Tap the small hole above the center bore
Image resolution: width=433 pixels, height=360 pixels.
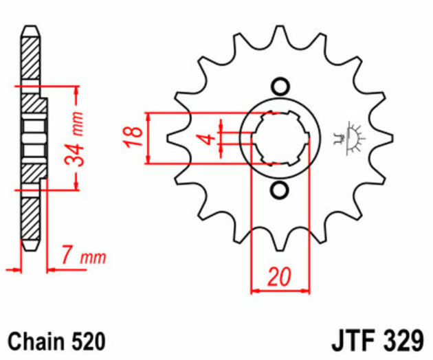tap(279, 87)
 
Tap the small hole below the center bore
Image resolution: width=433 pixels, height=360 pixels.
tap(279, 190)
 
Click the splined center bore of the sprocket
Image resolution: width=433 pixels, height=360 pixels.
tap(279, 138)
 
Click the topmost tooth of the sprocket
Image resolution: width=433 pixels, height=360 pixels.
tap(280, 38)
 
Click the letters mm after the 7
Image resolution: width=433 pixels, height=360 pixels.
tap(94, 258)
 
